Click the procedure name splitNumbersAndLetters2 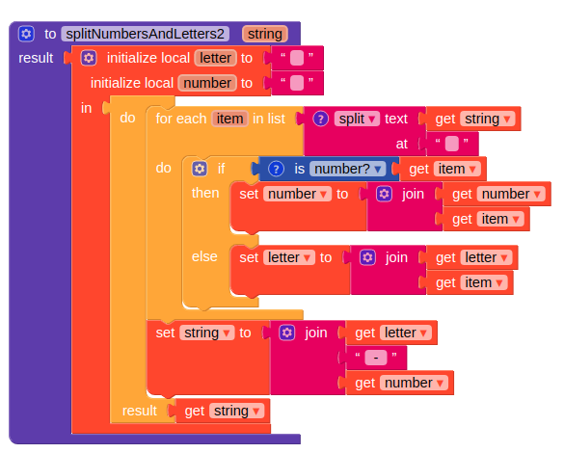145,34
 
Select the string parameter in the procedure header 265,34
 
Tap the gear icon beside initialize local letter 89,58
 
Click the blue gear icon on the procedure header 26,34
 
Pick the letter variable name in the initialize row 215,58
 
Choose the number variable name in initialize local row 207,83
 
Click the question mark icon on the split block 320,119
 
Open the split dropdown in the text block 357,119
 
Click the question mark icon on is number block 277,169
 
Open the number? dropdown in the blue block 347,169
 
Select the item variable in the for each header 229,119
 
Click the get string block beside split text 473,119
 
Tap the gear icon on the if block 200,169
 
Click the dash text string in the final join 376,358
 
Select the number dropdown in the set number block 297,194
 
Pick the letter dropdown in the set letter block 289,257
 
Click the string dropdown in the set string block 207,333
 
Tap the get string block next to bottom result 223,411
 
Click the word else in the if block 204,256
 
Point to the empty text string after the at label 452,144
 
